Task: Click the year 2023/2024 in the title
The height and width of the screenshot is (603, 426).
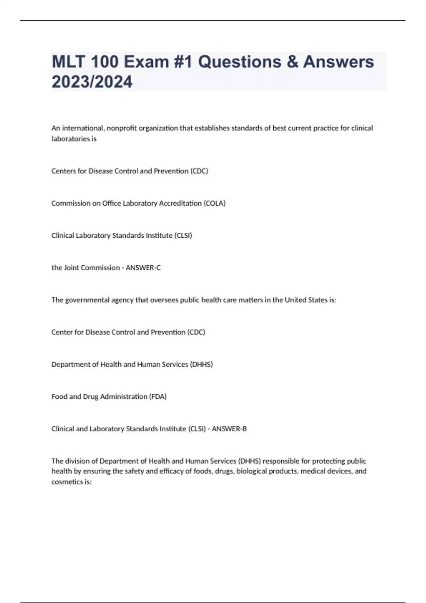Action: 92,82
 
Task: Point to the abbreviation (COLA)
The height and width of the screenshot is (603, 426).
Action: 214,203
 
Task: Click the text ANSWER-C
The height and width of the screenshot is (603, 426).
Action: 143,268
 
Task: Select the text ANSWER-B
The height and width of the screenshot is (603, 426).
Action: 229,429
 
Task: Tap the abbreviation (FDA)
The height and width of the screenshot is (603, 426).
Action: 158,397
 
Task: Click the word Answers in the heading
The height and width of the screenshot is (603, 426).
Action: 338,62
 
